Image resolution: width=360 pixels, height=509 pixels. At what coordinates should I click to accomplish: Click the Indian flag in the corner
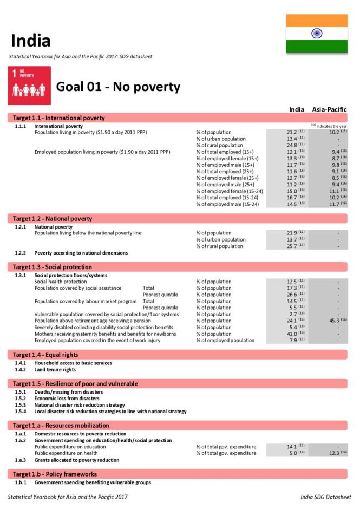[317, 34]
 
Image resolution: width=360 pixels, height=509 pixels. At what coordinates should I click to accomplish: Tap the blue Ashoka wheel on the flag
[317, 34]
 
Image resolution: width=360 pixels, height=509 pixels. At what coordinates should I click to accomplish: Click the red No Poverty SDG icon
[29, 86]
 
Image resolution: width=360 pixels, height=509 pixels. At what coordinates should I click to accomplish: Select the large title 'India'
[31, 41]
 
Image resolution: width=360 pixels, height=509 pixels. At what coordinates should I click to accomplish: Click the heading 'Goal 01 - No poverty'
[118, 87]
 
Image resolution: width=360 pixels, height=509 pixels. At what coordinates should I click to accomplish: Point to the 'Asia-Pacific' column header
[329, 109]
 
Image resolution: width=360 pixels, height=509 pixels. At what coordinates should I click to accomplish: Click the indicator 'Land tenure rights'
[55, 370]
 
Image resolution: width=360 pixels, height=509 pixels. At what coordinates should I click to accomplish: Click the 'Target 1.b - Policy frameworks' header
[55, 474]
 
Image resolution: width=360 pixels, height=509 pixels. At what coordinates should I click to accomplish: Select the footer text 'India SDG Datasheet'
[325, 497]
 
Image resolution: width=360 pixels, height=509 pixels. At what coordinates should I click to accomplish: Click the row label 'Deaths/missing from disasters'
[68, 392]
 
